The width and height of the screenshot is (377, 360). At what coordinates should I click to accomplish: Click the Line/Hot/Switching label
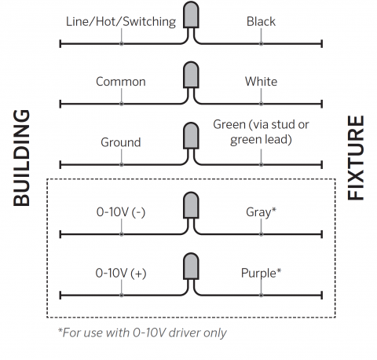point(121,22)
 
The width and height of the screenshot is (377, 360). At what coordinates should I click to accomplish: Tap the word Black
point(261,21)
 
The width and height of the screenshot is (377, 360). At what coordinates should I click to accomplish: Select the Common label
point(121,82)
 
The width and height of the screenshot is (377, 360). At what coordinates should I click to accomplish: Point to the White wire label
point(261,82)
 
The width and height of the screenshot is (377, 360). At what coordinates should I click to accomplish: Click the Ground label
point(121,142)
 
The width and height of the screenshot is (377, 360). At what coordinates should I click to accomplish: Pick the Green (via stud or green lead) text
point(261,132)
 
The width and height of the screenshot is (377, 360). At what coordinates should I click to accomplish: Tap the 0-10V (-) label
point(121,212)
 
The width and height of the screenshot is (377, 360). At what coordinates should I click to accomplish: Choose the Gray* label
point(261,212)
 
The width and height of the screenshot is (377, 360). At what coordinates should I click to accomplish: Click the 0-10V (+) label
point(121,274)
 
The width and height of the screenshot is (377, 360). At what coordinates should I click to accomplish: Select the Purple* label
point(261,274)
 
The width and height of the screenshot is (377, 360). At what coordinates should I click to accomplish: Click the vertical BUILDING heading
point(21,158)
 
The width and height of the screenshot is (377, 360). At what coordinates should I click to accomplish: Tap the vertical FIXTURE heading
point(356,158)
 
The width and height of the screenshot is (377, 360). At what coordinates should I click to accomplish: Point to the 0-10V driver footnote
point(142,333)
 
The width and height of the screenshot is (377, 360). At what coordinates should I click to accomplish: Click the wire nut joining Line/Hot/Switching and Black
point(191,15)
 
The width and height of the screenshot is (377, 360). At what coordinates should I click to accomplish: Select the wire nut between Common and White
point(191,75)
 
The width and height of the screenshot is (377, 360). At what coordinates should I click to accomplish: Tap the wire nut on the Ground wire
point(191,135)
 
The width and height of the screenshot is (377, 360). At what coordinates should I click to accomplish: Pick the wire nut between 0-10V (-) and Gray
point(191,205)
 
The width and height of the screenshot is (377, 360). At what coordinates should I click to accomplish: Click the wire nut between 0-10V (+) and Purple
point(191,266)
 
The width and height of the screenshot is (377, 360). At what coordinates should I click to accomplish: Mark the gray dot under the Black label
point(261,44)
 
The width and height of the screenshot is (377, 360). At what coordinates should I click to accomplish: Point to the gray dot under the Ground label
point(122,165)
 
